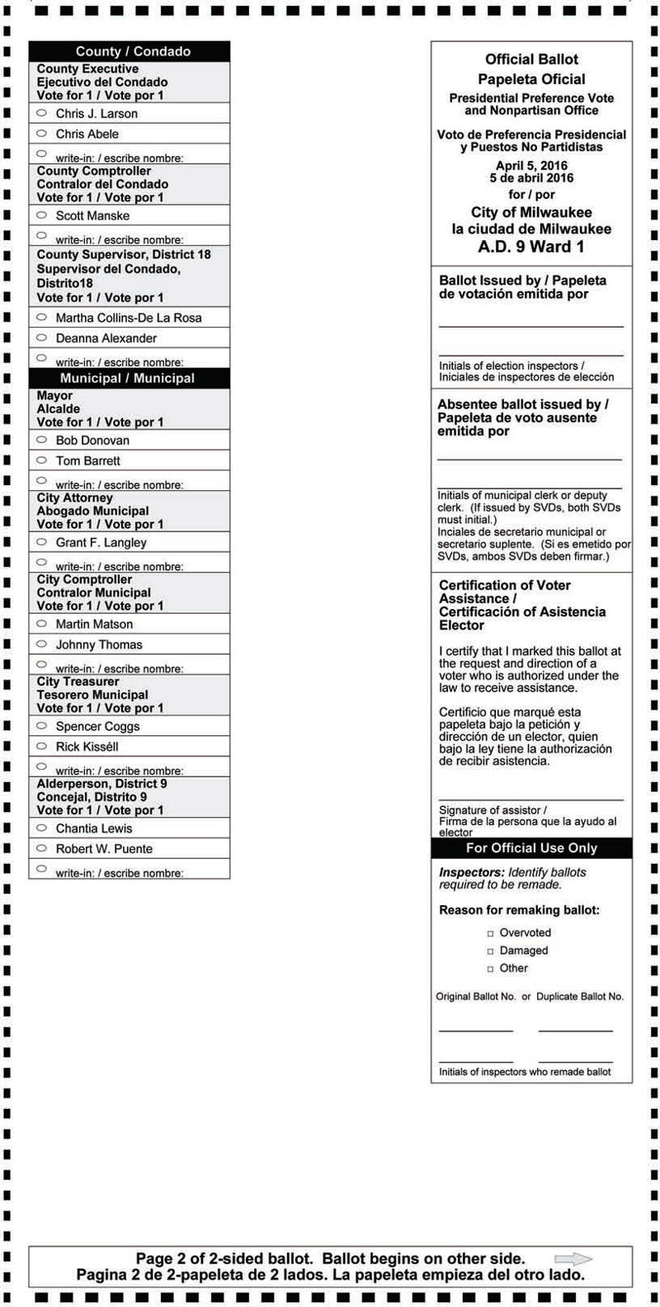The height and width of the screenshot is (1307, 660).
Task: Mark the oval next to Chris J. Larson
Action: pos(41,113)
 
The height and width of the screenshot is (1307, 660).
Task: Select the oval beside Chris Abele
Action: pos(41,133)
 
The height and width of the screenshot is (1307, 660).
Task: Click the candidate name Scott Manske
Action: pos(92,215)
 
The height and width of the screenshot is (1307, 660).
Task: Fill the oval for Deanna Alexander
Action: pos(41,337)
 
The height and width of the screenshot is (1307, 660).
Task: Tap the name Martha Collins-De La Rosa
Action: pos(129,318)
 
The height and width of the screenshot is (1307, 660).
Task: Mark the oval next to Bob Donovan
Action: pos(41,440)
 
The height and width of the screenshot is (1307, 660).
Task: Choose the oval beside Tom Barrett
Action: pos(41,460)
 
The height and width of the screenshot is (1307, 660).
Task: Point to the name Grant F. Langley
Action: pos(101,542)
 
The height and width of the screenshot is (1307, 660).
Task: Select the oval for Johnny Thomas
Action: pos(41,644)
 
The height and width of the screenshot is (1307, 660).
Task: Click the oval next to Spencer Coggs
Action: pos(41,726)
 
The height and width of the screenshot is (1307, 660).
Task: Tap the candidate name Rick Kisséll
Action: pos(87,747)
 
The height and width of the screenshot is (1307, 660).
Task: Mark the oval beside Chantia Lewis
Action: pos(41,828)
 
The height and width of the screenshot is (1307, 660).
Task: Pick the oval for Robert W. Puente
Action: pos(41,848)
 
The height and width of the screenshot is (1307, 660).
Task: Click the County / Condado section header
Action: pos(130,51)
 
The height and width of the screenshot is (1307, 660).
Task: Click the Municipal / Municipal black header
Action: pos(130,378)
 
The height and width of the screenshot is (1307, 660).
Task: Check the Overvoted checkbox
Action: pos(491,933)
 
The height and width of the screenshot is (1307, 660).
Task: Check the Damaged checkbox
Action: pos(491,951)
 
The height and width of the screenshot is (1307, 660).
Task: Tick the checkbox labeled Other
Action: pos(491,969)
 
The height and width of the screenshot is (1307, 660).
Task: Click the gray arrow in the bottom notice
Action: pos(573,1259)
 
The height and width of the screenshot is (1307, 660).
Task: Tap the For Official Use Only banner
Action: pos(531,848)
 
